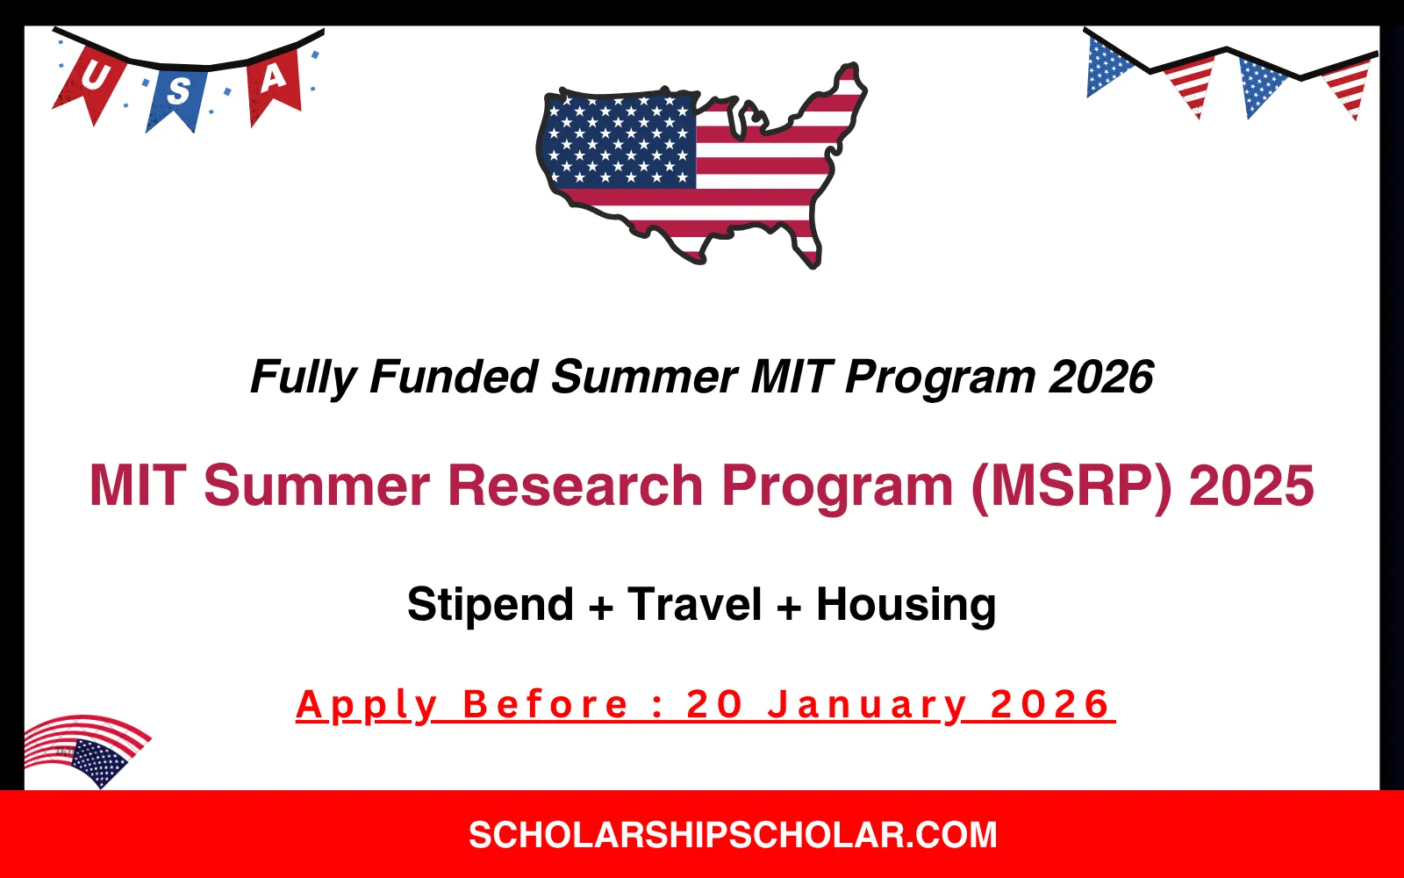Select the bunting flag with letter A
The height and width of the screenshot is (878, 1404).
274,82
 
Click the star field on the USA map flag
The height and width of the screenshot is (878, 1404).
619,140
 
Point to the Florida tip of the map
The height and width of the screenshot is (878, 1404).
811,255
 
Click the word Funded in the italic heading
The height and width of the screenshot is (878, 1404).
453,378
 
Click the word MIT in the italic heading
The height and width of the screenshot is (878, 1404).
790,378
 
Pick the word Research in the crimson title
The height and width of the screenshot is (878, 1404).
575,486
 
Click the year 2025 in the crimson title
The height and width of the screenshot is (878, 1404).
1251,486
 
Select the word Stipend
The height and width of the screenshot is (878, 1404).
490,606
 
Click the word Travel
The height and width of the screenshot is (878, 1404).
694,606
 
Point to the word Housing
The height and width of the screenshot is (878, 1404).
906,606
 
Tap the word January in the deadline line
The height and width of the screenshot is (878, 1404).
867,706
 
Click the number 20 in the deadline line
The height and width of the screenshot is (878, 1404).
714,706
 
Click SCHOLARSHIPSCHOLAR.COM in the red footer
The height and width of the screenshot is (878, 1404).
733,835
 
